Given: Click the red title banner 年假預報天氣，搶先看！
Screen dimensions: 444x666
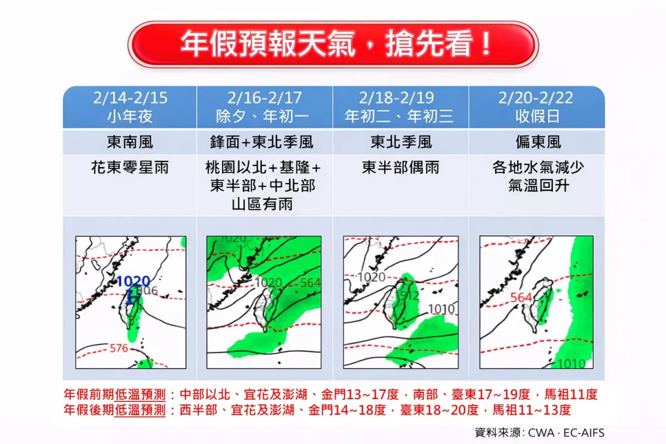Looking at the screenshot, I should [333, 44].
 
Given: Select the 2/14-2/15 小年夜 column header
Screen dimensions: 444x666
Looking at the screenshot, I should [130, 107].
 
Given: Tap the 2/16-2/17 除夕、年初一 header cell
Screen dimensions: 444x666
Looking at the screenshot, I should [265, 107].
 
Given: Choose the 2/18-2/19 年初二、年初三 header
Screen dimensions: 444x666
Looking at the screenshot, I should [401, 107].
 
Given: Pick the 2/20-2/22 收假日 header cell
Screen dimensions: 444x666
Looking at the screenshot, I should [536, 107].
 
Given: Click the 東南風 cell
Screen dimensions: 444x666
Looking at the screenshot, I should [130, 143].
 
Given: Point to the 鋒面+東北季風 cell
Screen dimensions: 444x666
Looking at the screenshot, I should [265, 143].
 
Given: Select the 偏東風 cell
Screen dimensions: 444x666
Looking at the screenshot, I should [536, 143].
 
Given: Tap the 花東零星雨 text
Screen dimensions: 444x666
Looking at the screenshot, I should [130, 168].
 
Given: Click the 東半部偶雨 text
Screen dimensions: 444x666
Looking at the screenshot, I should [401, 168].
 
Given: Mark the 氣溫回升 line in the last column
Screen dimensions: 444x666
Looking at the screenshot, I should [536, 185].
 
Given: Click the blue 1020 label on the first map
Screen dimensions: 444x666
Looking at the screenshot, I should [133, 281].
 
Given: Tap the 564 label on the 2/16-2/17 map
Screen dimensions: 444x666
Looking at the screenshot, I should [310, 282].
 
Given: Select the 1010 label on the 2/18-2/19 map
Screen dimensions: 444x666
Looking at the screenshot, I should [441, 309].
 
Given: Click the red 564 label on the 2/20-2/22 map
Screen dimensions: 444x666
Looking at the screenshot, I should [521, 297].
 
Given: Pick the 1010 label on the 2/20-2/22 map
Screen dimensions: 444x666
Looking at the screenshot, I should [571, 364].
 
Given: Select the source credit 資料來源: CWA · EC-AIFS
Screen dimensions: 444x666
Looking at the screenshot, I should [539, 432].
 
